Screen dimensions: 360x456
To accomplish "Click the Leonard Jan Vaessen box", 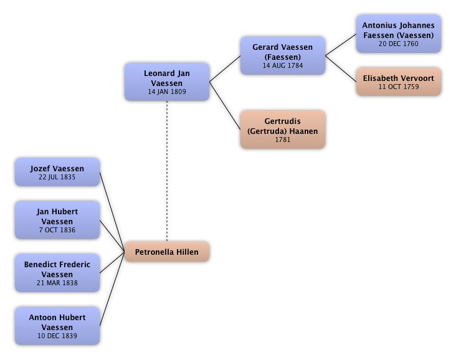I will [167, 82].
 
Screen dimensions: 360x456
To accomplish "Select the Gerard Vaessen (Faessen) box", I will [282, 55].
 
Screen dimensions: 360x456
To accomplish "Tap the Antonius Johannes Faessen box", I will [398, 34].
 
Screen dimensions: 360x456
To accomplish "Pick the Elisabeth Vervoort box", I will [398, 82].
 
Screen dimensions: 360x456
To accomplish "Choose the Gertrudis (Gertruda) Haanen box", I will [282, 130].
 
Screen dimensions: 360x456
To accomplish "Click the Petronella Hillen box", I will [167, 252].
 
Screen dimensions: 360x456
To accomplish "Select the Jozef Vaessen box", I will [57, 172].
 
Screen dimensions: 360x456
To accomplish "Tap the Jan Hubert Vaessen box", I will [57, 220].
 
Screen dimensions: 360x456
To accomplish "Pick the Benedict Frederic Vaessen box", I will [57, 273].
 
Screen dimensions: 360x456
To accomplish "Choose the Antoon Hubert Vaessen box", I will [57, 326].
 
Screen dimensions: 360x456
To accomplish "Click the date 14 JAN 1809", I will [167, 92].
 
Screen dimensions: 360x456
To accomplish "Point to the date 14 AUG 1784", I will [282, 65].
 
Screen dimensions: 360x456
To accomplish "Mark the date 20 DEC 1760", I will [398, 44].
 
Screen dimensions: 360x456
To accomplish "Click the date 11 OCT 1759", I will [398, 87].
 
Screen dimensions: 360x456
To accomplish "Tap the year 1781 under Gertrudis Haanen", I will [282, 140].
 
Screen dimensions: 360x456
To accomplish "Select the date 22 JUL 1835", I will [57, 177].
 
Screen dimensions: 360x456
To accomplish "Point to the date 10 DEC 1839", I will [57, 336].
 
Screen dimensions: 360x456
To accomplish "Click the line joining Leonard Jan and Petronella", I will [167, 171].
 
